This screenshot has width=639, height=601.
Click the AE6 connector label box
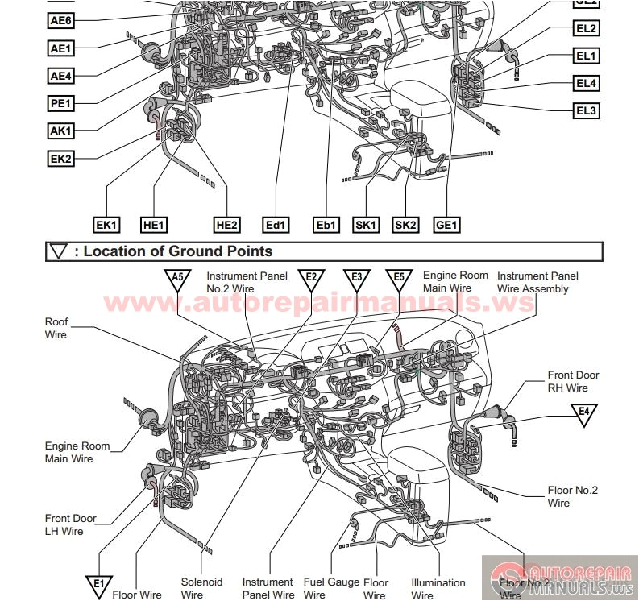point(61,22)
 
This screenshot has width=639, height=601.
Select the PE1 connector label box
point(61,103)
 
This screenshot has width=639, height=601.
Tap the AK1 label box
point(61,131)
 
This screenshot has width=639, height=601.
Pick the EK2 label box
point(61,159)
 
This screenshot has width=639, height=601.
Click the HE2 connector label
point(226,226)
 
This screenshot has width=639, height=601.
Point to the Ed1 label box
point(276,226)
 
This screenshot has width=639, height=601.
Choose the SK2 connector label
point(406,226)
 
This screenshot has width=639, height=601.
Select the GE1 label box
point(446,226)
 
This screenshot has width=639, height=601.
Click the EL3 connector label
point(586,110)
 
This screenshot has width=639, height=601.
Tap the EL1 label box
point(586,56)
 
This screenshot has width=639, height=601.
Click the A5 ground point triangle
point(178,278)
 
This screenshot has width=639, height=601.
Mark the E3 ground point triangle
point(356,278)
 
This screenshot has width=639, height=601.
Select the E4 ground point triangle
point(584,413)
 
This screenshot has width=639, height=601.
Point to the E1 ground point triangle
point(98,584)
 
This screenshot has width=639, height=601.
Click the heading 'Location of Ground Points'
point(177,251)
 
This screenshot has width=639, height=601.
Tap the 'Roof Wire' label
point(56,328)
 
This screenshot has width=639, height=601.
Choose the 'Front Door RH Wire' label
point(573,381)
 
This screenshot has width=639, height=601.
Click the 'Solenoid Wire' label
point(201,588)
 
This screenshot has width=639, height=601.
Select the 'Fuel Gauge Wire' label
point(331,588)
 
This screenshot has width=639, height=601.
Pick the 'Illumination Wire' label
point(438,589)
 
